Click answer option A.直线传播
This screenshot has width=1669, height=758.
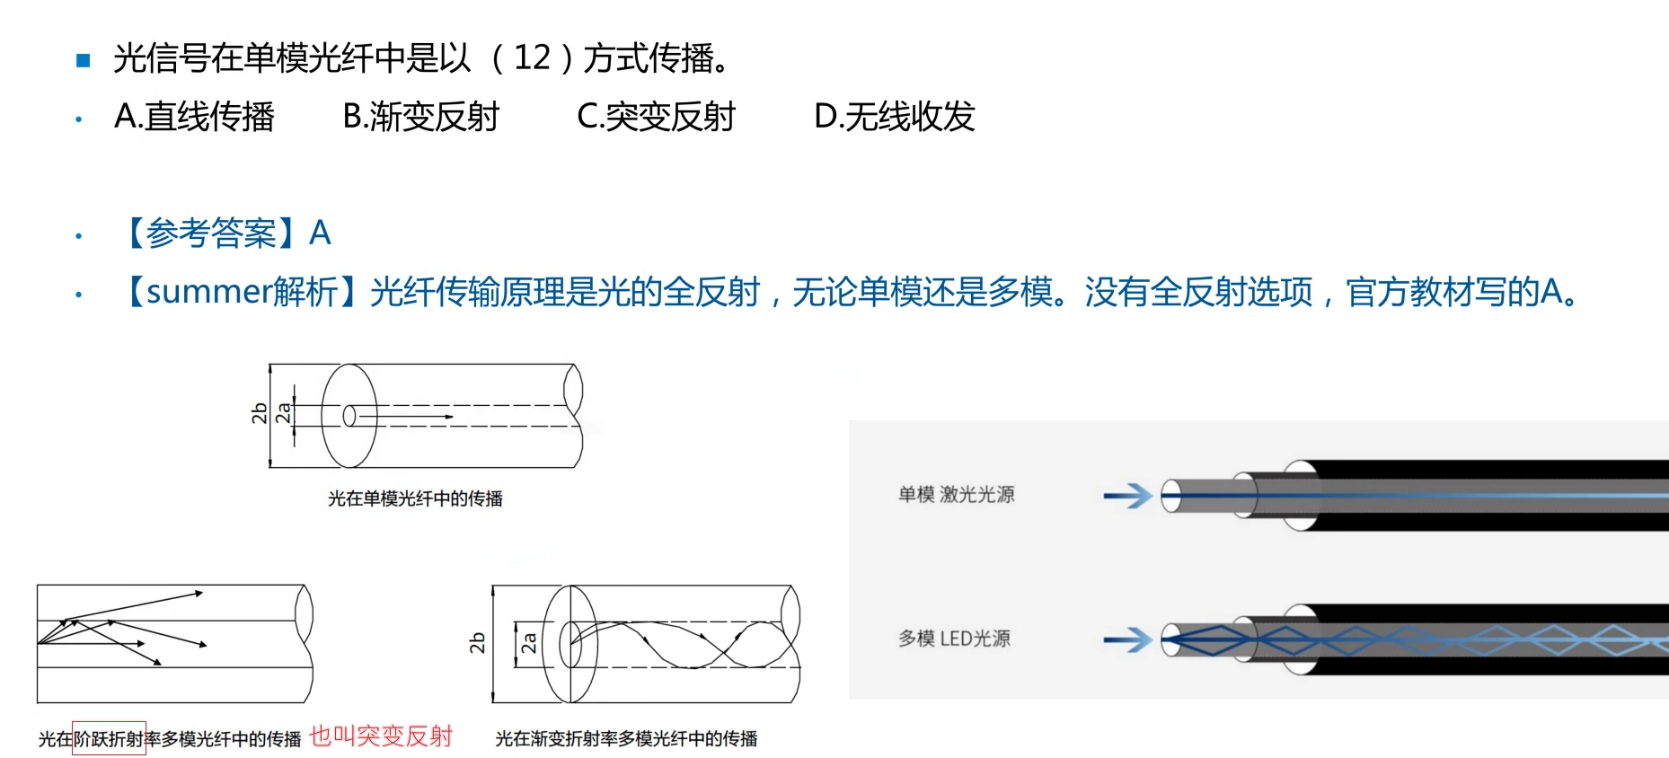(x=194, y=117)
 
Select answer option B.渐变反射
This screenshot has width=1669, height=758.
(x=420, y=117)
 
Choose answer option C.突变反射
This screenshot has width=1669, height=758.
(x=656, y=117)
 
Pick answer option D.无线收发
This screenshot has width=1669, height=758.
(x=894, y=117)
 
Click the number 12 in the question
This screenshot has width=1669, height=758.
(x=532, y=58)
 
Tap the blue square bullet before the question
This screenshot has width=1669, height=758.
(x=84, y=60)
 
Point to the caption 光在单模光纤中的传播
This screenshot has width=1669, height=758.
(x=415, y=498)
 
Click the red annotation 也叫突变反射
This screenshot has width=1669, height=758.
(x=381, y=736)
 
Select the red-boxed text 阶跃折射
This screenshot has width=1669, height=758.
(x=109, y=738)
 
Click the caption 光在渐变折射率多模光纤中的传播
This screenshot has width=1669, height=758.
(x=626, y=738)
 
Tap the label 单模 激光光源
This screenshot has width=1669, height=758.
(x=956, y=495)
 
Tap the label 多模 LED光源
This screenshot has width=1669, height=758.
(x=954, y=639)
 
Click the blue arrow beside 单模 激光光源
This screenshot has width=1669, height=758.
(x=1128, y=495)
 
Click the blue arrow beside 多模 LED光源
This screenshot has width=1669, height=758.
(x=1128, y=639)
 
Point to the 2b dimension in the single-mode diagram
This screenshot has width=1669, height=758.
(x=260, y=413)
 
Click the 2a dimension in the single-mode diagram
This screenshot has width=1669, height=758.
(x=283, y=413)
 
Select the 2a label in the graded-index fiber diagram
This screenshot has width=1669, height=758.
(x=529, y=643)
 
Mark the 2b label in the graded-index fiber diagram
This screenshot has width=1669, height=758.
(x=477, y=643)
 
